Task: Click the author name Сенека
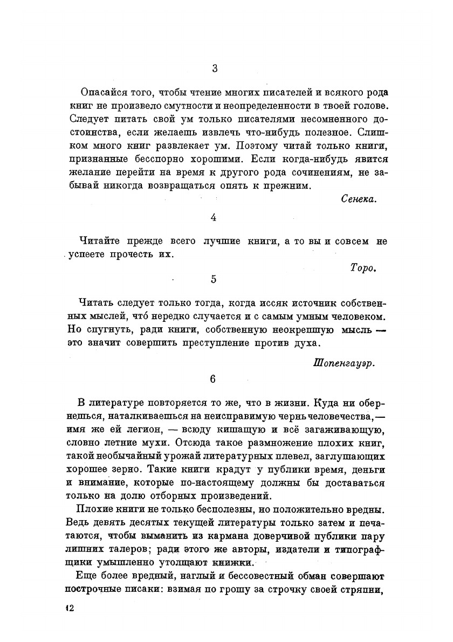tap(359, 199)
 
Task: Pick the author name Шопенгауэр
tap(344, 363)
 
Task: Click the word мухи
tap(152, 443)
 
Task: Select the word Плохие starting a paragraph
tap(95, 509)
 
